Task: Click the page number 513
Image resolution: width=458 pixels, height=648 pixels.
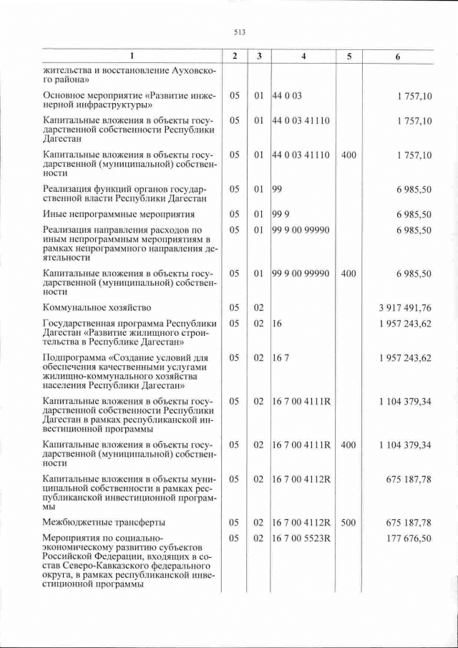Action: click(x=240, y=32)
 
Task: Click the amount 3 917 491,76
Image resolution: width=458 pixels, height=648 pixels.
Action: click(x=405, y=308)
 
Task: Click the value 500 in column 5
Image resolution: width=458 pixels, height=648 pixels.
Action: click(x=349, y=522)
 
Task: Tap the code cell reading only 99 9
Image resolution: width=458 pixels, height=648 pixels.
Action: click(x=281, y=214)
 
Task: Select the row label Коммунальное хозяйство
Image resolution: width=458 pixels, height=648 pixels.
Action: click(x=97, y=308)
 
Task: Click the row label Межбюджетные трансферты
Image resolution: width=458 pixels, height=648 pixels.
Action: click(x=104, y=522)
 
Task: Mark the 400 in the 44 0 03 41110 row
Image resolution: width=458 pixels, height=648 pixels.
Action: click(x=349, y=155)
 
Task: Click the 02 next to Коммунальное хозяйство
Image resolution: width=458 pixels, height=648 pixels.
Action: click(x=259, y=308)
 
